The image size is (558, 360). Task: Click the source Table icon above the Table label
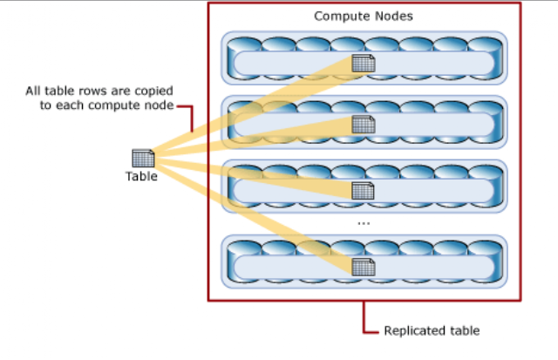[143, 158]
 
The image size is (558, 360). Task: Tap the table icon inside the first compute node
[364, 64]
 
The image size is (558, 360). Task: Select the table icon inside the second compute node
[364, 125]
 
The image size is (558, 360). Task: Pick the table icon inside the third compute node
[363, 191]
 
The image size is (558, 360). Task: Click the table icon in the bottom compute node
[364, 267]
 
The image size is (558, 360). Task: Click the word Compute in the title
[337, 17]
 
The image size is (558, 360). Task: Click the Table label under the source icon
[141, 176]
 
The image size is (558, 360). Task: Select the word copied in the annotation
[155, 91]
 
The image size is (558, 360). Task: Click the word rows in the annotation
[93, 91]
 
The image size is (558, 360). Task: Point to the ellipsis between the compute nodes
[364, 223]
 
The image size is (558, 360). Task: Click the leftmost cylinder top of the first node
[244, 44]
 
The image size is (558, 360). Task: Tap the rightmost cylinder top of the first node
[485, 44]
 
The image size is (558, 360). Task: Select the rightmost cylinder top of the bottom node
[485, 248]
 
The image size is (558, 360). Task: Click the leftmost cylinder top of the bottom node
[244, 248]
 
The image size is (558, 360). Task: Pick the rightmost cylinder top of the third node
[485, 172]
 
